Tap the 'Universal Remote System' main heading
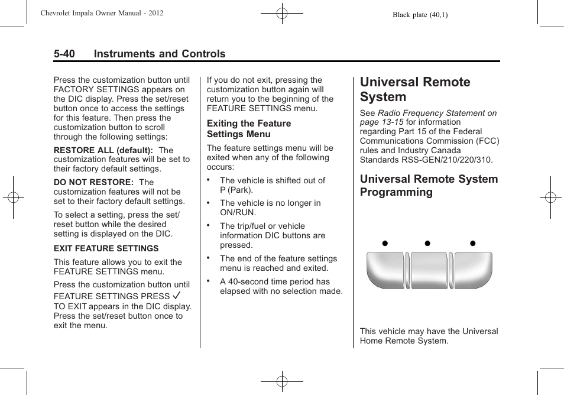click(415, 89)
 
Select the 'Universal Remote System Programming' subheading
click(429, 185)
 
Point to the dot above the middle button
click(427, 243)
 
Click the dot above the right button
click(473, 243)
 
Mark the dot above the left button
click(384, 243)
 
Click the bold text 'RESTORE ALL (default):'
click(103, 150)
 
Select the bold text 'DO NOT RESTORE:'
click(94, 182)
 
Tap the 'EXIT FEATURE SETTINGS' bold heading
click(106, 248)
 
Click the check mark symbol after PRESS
click(176, 295)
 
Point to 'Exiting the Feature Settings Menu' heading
click(248, 128)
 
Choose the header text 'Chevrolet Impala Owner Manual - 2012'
click(102, 13)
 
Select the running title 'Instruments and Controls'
click(159, 54)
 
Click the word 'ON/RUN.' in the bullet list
click(238, 212)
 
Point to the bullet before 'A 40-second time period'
click(209, 280)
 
